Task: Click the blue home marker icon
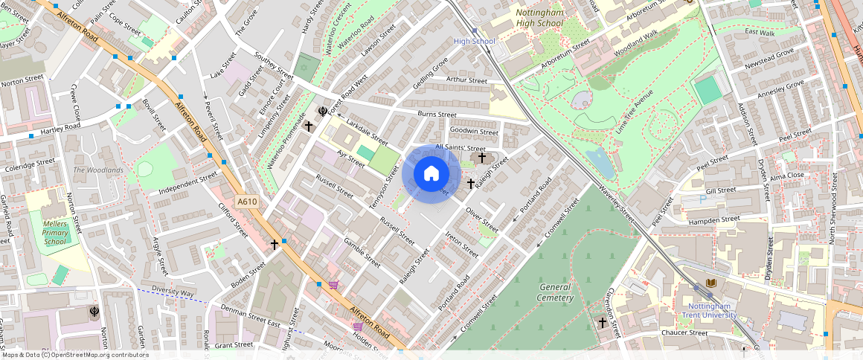(x=431, y=174)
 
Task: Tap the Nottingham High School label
(x=539, y=18)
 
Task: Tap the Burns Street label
(x=437, y=115)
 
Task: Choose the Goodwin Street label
(x=474, y=132)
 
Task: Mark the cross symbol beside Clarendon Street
(x=602, y=322)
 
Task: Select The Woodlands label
(x=98, y=170)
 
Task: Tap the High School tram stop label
(x=474, y=42)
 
